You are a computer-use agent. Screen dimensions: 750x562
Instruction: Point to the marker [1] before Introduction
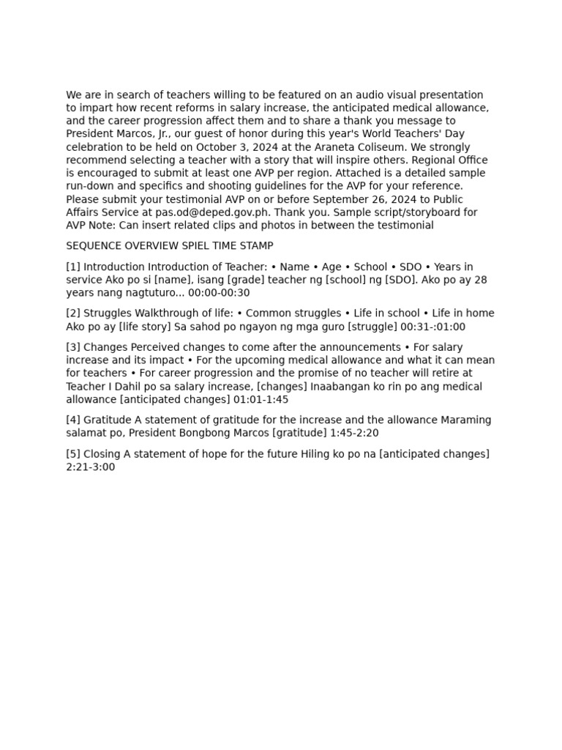[x=73, y=267]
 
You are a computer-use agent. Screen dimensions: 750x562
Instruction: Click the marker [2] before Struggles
[x=73, y=313]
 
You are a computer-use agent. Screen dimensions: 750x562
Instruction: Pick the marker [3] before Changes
[x=73, y=347]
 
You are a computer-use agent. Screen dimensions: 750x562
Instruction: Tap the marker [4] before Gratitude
[x=73, y=420]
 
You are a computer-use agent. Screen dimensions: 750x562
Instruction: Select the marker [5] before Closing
[x=73, y=454]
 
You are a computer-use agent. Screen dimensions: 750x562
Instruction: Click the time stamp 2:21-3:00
[x=90, y=467]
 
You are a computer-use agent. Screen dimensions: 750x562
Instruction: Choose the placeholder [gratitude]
[x=299, y=434]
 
